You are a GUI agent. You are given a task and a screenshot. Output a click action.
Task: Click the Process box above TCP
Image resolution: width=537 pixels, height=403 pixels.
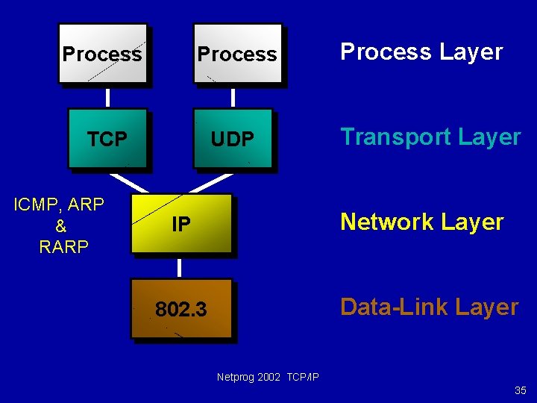[x=102, y=54]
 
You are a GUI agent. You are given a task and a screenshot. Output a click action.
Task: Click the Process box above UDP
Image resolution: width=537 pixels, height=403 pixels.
[x=237, y=54]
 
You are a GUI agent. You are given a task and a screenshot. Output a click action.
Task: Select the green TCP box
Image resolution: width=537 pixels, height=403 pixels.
[x=107, y=139]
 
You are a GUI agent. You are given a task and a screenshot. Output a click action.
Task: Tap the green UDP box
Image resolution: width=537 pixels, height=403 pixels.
[x=233, y=139]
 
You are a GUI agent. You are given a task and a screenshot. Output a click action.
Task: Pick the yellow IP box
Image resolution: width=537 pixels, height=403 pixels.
[x=180, y=223]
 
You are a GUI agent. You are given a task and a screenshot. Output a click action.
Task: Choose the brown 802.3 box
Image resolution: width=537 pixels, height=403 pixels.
[x=180, y=308]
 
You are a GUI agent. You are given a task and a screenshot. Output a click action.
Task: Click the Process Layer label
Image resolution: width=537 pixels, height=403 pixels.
[x=421, y=52]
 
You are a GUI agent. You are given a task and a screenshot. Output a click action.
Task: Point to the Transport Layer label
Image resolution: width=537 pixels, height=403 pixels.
[x=430, y=137]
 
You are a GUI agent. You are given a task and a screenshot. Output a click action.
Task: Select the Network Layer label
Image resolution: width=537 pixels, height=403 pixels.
[x=421, y=222]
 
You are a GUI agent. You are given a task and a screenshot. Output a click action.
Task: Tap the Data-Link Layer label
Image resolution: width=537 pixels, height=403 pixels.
[x=429, y=307]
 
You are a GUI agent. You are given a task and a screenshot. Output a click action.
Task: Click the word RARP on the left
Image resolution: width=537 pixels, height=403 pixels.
[x=63, y=247]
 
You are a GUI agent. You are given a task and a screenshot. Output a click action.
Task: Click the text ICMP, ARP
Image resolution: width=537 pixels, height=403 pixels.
[x=59, y=204]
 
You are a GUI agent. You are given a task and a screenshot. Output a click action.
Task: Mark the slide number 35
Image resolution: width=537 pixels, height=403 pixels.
[x=520, y=390]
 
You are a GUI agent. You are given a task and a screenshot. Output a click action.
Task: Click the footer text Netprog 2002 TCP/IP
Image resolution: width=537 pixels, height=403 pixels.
[x=268, y=377]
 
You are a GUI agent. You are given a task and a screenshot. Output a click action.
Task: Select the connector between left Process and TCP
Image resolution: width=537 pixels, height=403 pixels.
[x=108, y=97]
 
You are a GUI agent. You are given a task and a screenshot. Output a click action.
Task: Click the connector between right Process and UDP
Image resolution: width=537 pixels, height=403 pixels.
[x=233, y=97]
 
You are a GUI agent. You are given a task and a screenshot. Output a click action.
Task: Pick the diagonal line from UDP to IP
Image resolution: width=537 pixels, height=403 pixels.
[x=215, y=183]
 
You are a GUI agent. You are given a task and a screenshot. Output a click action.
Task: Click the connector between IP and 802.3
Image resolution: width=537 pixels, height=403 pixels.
[x=180, y=267]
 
